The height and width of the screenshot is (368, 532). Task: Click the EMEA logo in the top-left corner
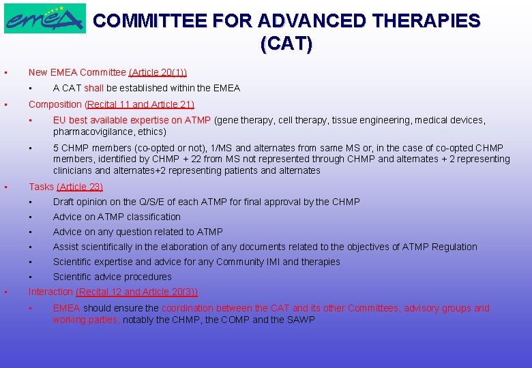[x=44, y=18]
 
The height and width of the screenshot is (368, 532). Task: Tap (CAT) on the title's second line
[x=286, y=45]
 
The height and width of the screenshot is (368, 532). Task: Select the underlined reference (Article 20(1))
[x=158, y=72]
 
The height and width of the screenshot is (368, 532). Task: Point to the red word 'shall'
[x=94, y=88]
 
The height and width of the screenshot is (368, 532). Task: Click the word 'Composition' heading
[x=55, y=104]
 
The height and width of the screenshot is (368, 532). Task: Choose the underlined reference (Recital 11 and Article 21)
[x=140, y=104]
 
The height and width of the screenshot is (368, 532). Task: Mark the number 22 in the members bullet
[x=199, y=159]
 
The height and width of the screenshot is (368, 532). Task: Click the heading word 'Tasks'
[x=41, y=187]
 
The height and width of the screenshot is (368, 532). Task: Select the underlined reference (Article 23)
[x=80, y=187]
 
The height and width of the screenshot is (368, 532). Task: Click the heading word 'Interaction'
[x=50, y=292]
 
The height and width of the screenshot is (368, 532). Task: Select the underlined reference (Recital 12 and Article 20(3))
[x=137, y=292]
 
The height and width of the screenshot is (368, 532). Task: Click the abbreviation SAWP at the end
[x=301, y=320]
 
